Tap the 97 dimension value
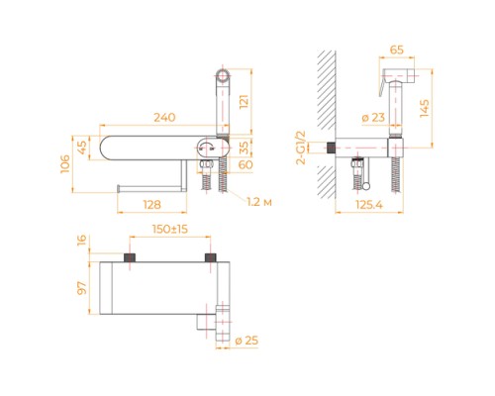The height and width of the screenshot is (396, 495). tap(83, 287)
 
